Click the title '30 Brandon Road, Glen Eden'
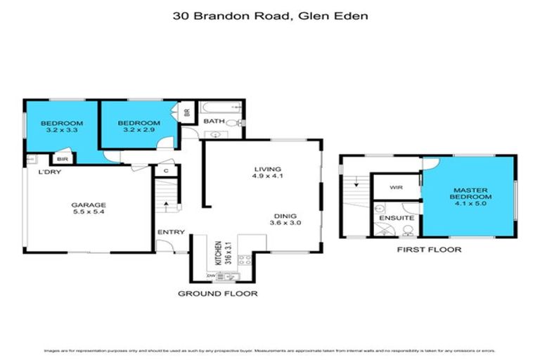coord(269,14)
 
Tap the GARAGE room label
coord(89,205)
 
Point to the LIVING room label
coord(268,169)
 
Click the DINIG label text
coord(285,216)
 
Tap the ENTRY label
coord(171,233)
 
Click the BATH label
coord(213,121)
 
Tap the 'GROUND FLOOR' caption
coord(217,293)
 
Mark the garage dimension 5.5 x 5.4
coord(89,214)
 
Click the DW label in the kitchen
coord(210,277)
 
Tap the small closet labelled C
coord(166,170)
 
